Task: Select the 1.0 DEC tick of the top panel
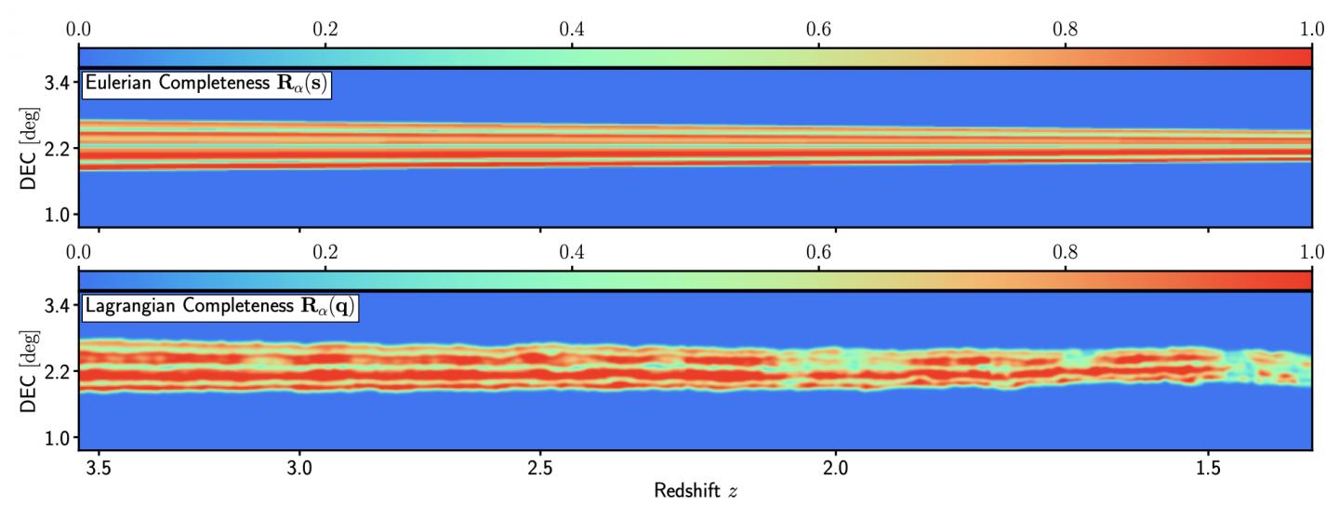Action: click(x=58, y=214)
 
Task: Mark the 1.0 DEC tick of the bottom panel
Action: click(x=58, y=437)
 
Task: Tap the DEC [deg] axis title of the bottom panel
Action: click(x=29, y=372)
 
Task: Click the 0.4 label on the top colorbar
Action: click(x=572, y=29)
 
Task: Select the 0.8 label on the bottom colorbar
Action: click(x=1065, y=251)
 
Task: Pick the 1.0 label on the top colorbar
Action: click(x=1311, y=29)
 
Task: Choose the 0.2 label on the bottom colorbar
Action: click(x=325, y=251)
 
